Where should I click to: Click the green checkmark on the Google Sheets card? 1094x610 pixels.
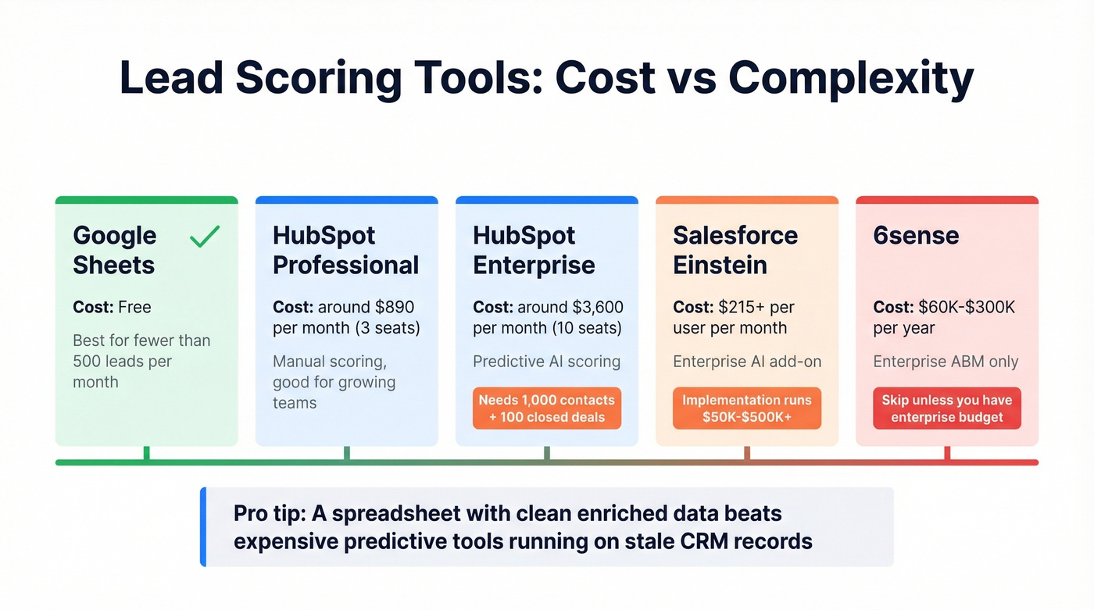tap(205, 236)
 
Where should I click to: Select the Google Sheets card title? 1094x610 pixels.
tap(114, 250)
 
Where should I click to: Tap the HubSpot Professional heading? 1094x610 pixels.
tap(345, 250)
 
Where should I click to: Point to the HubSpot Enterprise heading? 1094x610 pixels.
tap(534, 250)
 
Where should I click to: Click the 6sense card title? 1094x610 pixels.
tap(916, 235)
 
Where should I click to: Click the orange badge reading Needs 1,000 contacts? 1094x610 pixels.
tap(546, 408)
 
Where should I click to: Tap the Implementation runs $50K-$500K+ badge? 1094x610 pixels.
tap(746, 408)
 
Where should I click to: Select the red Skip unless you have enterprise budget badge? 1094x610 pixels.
tap(946, 408)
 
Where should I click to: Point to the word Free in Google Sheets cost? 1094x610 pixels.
tap(134, 307)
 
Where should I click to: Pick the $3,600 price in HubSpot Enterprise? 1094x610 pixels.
tap(597, 307)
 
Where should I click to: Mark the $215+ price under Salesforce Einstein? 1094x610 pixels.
tap(735, 307)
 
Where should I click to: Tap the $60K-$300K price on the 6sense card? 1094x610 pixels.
tap(967, 307)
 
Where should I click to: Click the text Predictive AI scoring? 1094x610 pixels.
tap(546, 362)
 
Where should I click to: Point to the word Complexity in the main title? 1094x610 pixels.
tap(851, 78)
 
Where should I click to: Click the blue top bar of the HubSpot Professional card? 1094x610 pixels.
tap(346, 200)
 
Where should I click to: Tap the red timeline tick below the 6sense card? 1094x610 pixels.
tap(947, 453)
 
